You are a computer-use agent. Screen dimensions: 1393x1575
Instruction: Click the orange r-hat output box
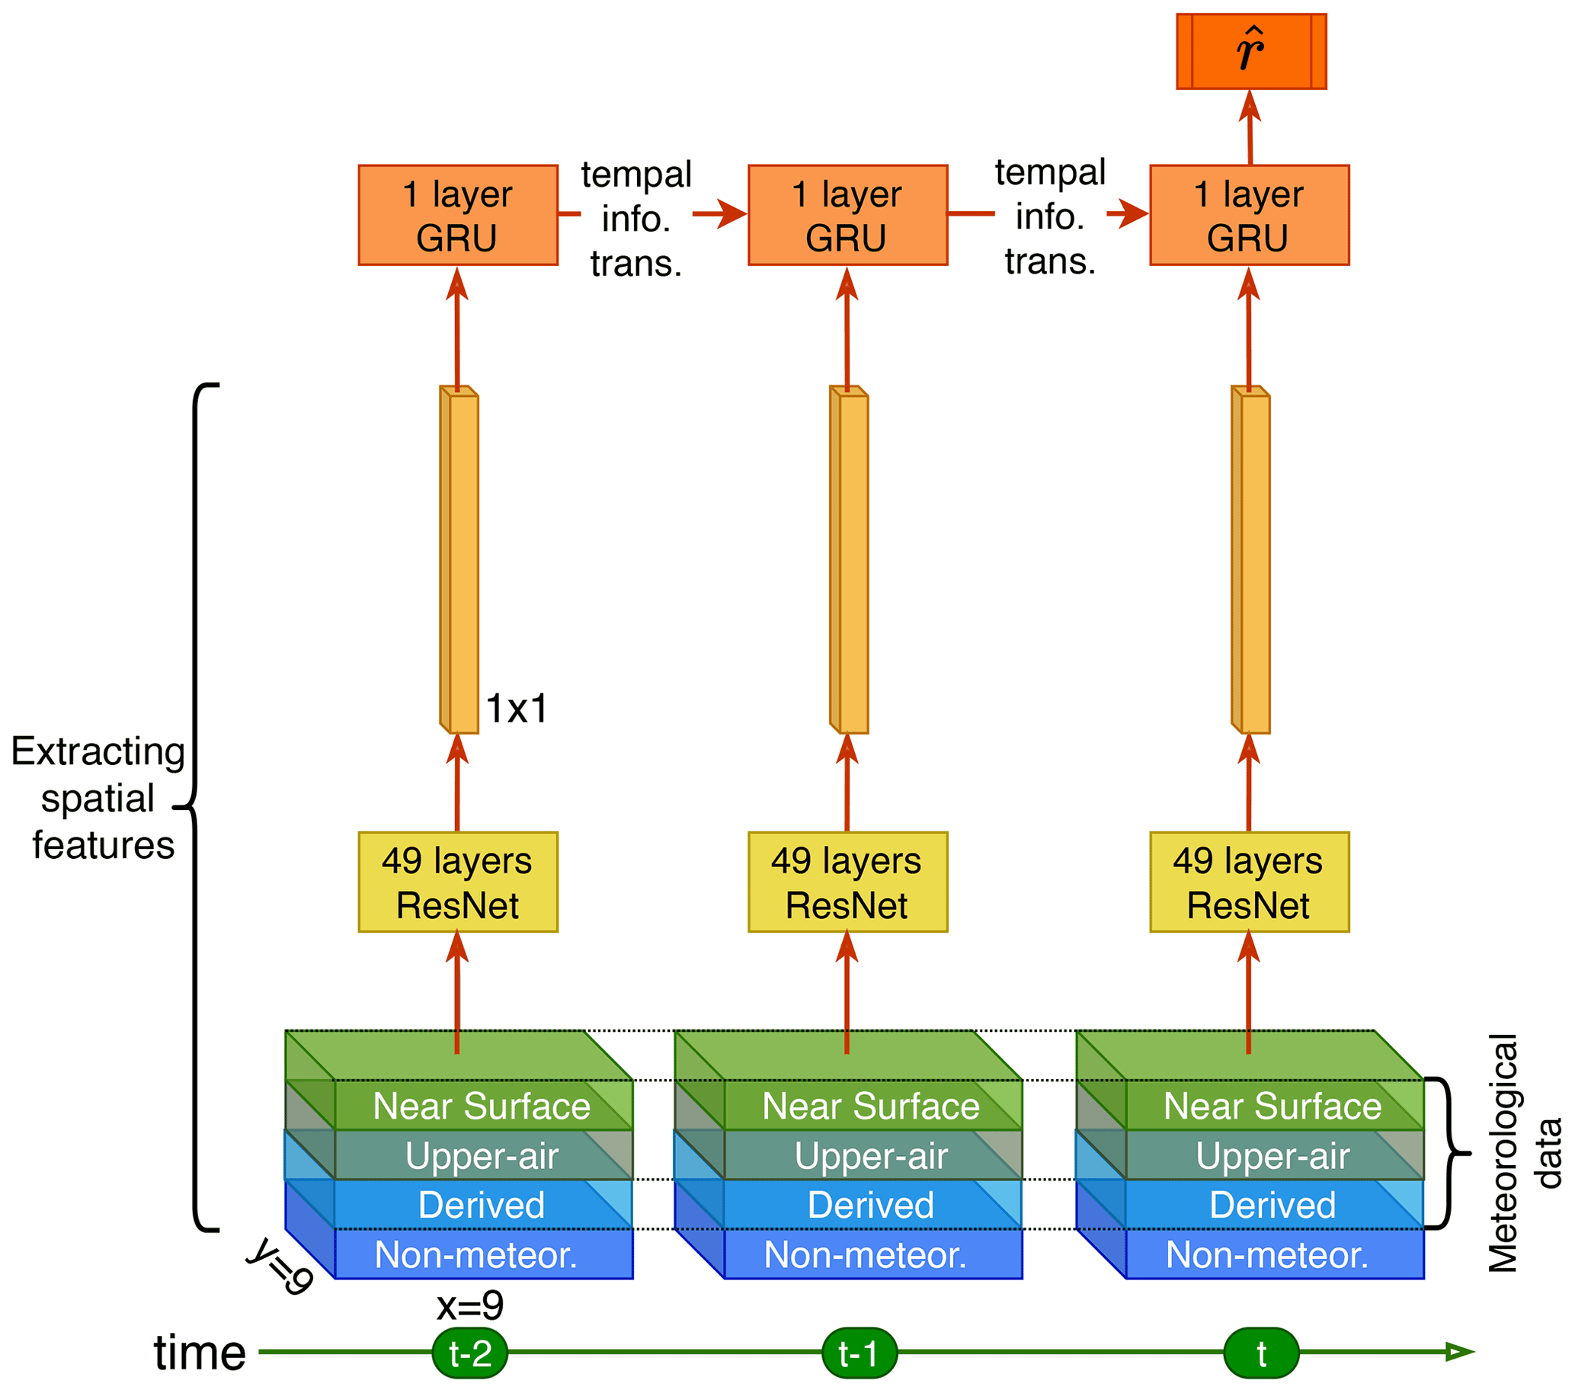1250,51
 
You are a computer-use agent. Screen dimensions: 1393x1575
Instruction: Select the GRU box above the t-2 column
458,215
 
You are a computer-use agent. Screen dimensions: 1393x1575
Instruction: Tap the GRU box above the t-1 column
847,215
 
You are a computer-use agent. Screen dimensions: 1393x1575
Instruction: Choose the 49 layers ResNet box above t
1249,882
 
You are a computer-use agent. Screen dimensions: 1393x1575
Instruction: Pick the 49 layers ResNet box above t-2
458,882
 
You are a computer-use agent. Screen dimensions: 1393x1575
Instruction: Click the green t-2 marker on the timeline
470,1352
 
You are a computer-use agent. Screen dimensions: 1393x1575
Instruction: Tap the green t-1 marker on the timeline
860,1352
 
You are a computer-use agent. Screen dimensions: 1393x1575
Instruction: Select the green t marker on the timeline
1261,1352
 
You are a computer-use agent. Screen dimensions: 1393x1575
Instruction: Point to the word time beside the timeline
200,1352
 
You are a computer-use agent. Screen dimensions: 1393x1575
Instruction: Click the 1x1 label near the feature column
517,708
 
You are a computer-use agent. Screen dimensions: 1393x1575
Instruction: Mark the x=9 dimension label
470,1305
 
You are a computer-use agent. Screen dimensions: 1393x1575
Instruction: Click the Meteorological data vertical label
1523,1153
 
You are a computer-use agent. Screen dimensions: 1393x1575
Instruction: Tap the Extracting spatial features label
98,797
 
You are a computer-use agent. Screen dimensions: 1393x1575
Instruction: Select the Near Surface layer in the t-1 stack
871,1106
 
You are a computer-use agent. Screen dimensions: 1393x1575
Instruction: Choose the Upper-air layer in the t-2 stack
482,1155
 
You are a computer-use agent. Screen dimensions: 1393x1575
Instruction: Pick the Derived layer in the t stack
1272,1204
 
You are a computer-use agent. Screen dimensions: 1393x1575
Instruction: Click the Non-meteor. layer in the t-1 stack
866,1254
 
